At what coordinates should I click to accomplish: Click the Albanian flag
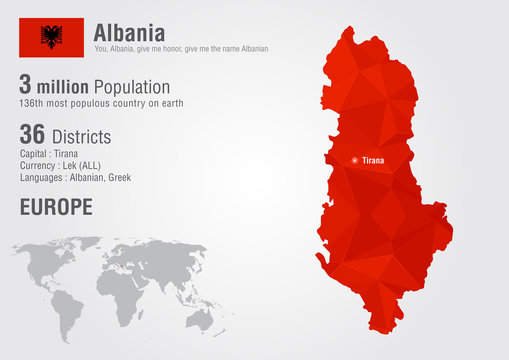pyautogui.click(x=50, y=37)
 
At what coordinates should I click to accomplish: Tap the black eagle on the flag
pyautogui.click(x=50, y=37)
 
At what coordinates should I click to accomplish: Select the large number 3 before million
pyautogui.click(x=25, y=87)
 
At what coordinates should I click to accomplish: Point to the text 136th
pyautogui.click(x=31, y=104)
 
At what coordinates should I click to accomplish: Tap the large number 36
pyautogui.click(x=32, y=135)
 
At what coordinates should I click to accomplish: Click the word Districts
pyautogui.click(x=81, y=136)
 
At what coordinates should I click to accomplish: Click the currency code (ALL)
pyautogui.click(x=94, y=165)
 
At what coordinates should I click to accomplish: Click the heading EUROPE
pyautogui.click(x=55, y=207)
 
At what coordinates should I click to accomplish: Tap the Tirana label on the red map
pyautogui.click(x=372, y=160)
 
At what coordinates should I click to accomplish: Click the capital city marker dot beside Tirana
pyautogui.click(x=354, y=160)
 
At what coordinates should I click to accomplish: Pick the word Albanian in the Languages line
pyautogui.click(x=81, y=177)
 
